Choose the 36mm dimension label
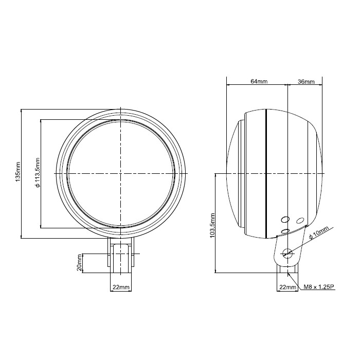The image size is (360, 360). (305, 82)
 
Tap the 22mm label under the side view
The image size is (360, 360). (287, 287)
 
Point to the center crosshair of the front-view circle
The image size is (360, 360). (120, 174)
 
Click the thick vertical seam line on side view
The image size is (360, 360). (266, 174)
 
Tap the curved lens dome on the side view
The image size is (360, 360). (232, 174)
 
